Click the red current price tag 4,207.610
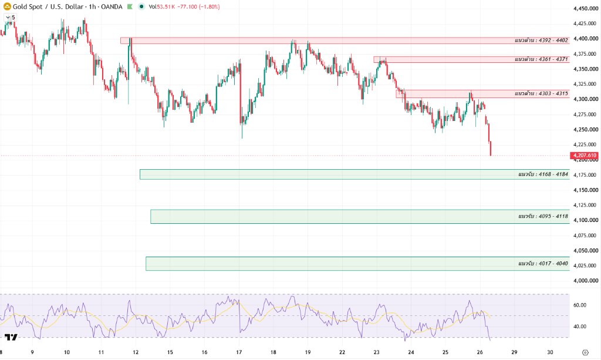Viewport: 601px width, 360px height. (x=584, y=155)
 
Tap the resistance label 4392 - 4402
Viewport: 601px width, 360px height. (x=541, y=41)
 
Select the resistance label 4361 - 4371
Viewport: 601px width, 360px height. (x=541, y=59)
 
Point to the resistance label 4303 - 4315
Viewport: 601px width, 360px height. (x=541, y=93)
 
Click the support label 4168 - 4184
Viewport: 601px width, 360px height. (x=543, y=174)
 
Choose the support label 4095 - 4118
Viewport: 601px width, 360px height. (x=543, y=216)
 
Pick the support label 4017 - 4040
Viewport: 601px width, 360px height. (x=543, y=263)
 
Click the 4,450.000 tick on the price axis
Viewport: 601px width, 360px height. (x=586, y=8)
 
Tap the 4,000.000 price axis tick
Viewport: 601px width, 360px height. (x=586, y=281)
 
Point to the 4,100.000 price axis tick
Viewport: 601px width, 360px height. (x=586, y=220)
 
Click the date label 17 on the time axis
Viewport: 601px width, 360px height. (x=239, y=352)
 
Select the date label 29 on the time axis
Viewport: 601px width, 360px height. (x=514, y=352)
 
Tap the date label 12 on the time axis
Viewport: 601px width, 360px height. (x=136, y=352)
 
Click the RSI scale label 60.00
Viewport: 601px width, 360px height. (x=579, y=305)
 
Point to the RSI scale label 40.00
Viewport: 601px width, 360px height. (x=579, y=327)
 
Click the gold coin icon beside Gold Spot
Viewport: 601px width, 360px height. (x=7, y=6)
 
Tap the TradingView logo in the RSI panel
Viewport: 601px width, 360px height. (x=11, y=337)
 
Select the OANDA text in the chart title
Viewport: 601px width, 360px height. (x=112, y=6)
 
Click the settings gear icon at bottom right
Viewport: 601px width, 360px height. (x=585, y=352)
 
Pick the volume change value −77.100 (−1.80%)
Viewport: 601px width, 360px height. (x=198, y=6)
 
